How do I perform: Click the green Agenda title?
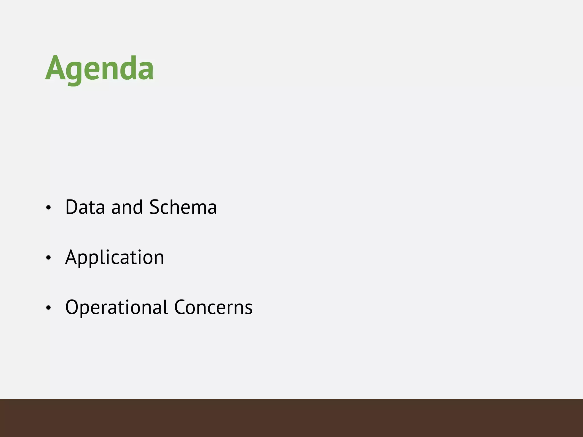pos(99,68)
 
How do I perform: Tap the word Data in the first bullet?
pos(85,207)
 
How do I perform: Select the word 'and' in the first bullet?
pos(127,207)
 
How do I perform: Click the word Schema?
pos(183,207)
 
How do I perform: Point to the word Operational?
pos(117,307)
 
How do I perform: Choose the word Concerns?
pos(213,307)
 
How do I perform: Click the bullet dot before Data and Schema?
pos(48,208)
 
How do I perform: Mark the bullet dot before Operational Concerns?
pos(48,308)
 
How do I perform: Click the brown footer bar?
pos(291,418)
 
